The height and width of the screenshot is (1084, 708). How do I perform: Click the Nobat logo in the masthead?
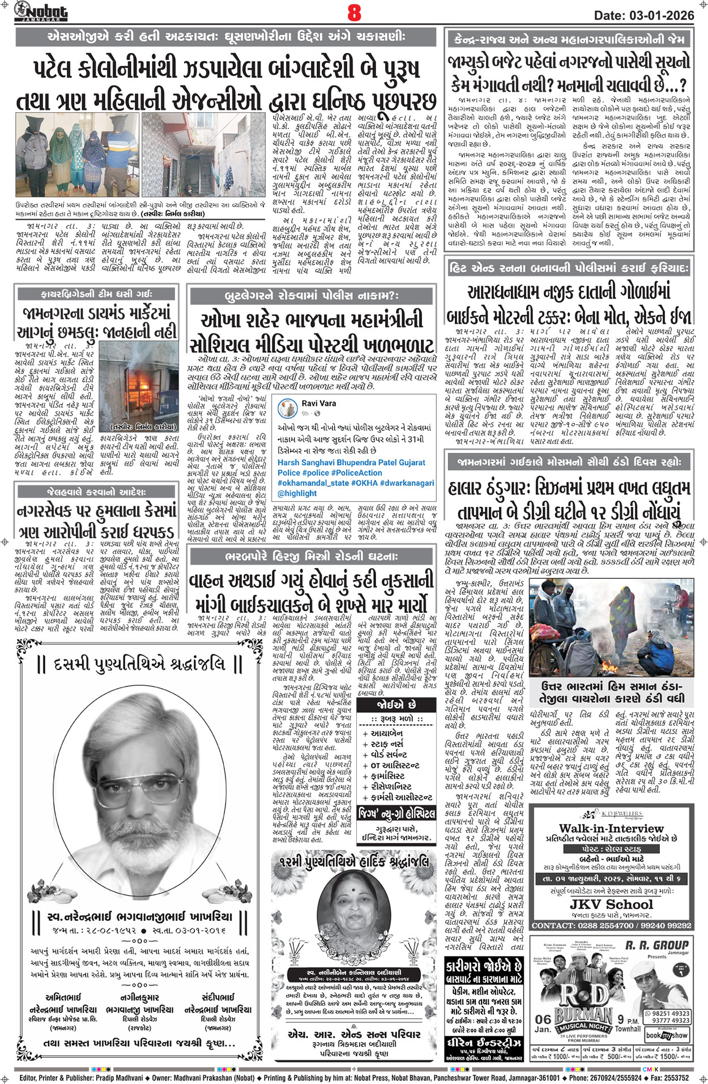click(x=41, y=11)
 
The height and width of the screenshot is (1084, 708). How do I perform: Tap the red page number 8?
click(x=354, y=12)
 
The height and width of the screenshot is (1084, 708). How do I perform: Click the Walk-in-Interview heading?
click(x=611, y=829)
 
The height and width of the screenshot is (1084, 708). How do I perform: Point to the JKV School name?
click(x=611, y=904)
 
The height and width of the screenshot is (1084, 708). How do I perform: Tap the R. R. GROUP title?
click(x=656, y=945)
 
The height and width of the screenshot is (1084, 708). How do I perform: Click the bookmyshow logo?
click(x=667, y=1035)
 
